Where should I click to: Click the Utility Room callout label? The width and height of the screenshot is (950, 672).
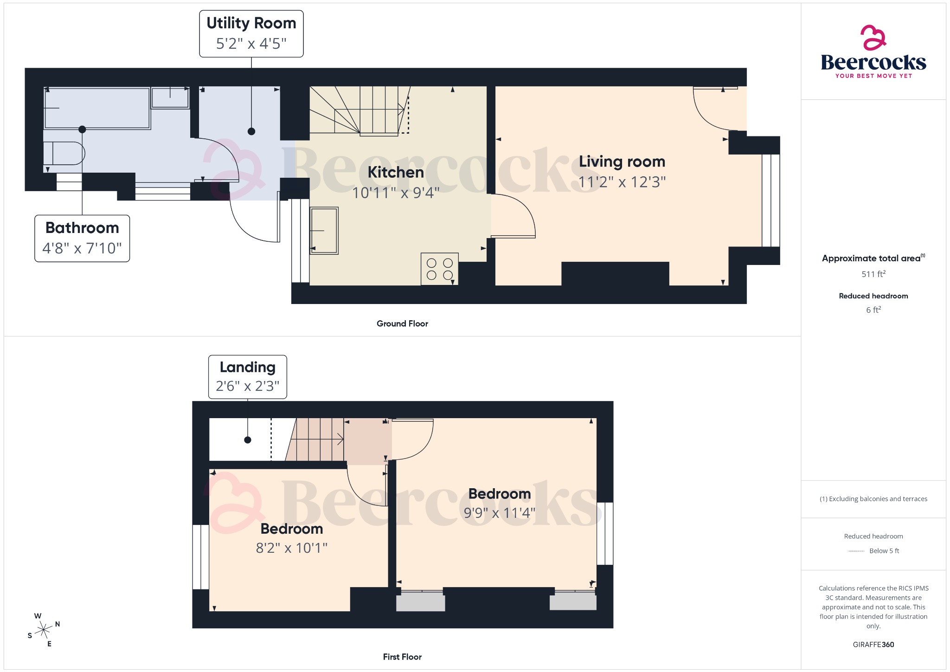click(x=251, y=23)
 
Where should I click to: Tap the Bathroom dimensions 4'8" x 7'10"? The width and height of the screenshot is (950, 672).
click(x=82, y=248)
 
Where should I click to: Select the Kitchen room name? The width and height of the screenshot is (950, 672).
click(x=396, y=172)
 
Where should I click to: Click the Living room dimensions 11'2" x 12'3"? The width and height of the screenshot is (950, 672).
click(x=622, y=182)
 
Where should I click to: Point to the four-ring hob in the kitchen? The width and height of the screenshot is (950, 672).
click(x=439, y=269)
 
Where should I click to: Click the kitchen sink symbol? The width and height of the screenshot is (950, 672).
click(x=324, y=231)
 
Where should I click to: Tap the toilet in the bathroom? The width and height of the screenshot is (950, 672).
click(x=64, y=153)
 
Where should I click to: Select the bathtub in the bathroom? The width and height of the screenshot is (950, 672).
click(x=97, y=108)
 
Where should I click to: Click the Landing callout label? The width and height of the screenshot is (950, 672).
click(x=247, y=367)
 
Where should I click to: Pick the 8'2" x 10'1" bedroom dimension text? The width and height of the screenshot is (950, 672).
click(x=291, y=548)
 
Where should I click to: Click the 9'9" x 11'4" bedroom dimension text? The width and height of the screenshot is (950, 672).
click(x=499, y=513)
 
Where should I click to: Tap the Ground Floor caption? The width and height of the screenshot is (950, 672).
click(x=402, y=323)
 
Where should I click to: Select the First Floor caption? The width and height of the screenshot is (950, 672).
click(x=402, y=657)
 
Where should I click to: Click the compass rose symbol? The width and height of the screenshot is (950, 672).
click(x=44, y=630)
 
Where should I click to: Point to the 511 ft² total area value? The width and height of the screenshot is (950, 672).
click(x=873, y=274)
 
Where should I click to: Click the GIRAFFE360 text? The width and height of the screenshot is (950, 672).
click(x=873, y=644)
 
